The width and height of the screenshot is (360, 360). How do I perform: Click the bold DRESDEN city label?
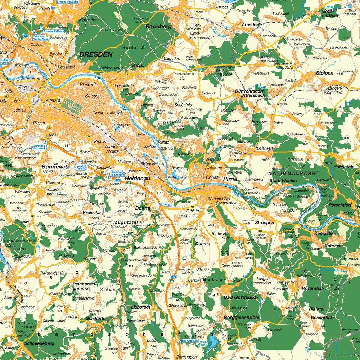(96, 54)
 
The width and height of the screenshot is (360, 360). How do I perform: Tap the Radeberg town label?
(159, 26)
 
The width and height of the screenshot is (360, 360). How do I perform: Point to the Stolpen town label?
(324, 73)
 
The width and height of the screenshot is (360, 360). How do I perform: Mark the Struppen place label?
(265, 222)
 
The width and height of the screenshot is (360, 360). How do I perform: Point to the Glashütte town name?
(95, 318)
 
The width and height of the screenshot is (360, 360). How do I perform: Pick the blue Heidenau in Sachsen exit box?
(117, 174)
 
